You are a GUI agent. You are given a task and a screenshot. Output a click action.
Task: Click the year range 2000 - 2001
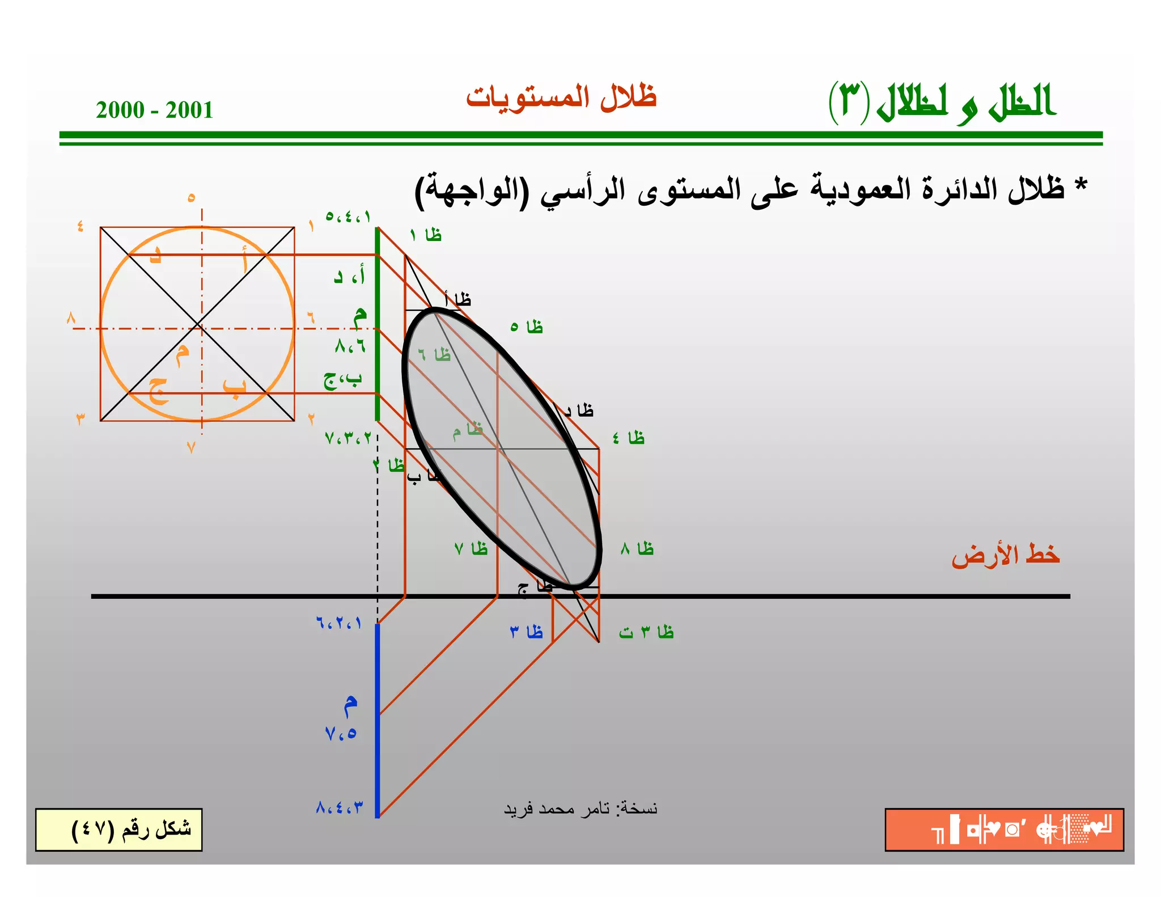click(x=154, y=109)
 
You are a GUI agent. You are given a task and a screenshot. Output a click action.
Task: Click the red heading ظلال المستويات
click(x=561, y=98)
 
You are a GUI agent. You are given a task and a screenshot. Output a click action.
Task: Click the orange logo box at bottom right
click(x=1004, y=830)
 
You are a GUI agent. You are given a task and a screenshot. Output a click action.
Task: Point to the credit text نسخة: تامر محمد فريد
click(x=580, y=809)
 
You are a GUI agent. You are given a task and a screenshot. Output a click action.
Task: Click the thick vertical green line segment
click(x=378, y=323)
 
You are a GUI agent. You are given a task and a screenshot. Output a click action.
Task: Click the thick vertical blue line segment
click(x=378, y=720)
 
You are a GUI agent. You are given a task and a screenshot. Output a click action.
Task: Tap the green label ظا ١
click(x=426, y=235)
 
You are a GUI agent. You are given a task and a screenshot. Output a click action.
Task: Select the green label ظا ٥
click(x=527, y=327)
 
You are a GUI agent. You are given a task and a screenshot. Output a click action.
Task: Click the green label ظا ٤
click(x=629, y=438)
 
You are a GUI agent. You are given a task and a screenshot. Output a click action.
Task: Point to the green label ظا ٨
click(x=637, y=549)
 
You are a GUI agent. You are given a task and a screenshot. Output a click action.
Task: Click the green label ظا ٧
click(x=471, y=549)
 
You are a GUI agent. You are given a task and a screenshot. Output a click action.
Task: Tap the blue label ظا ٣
click(x=527, y=632)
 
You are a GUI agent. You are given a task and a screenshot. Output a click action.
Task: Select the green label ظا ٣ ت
click(x=646, y=632)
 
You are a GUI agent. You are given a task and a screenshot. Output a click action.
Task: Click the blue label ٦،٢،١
click(x=338, y=623)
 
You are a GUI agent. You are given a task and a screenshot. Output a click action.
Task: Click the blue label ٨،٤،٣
click(x=339, y=807)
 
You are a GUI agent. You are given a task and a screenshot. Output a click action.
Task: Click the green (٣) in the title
click(x=849, y=102)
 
